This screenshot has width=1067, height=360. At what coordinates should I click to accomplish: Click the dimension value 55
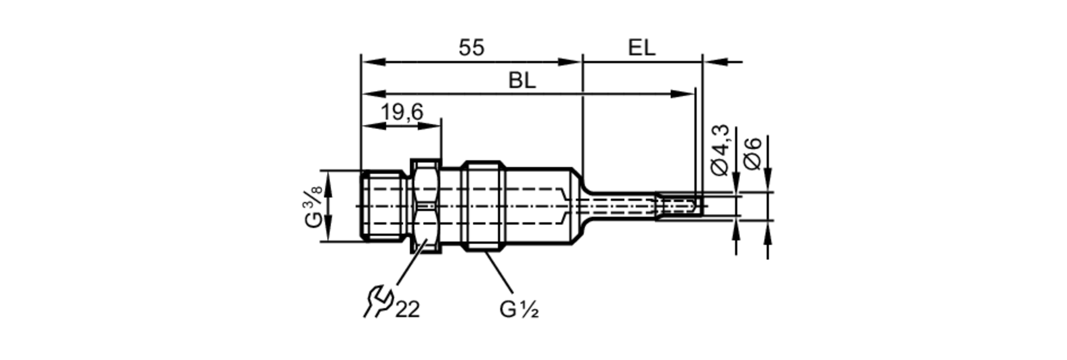[472, 47]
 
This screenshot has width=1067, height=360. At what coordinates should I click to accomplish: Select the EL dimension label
[641, 47]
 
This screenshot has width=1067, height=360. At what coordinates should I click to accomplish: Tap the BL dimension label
[522, 81]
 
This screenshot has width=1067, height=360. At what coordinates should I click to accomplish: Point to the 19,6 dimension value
[402, 112]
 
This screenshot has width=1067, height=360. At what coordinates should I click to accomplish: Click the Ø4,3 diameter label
[720, 150]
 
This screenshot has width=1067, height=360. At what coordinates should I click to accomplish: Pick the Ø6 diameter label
[752, 154]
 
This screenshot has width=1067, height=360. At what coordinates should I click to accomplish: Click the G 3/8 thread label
[314, 206]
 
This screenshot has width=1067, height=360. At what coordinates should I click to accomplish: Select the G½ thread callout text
[519, 309]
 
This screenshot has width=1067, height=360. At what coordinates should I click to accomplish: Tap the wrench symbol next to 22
[378, 302]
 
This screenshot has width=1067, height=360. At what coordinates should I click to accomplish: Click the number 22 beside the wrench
[408, 309]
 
